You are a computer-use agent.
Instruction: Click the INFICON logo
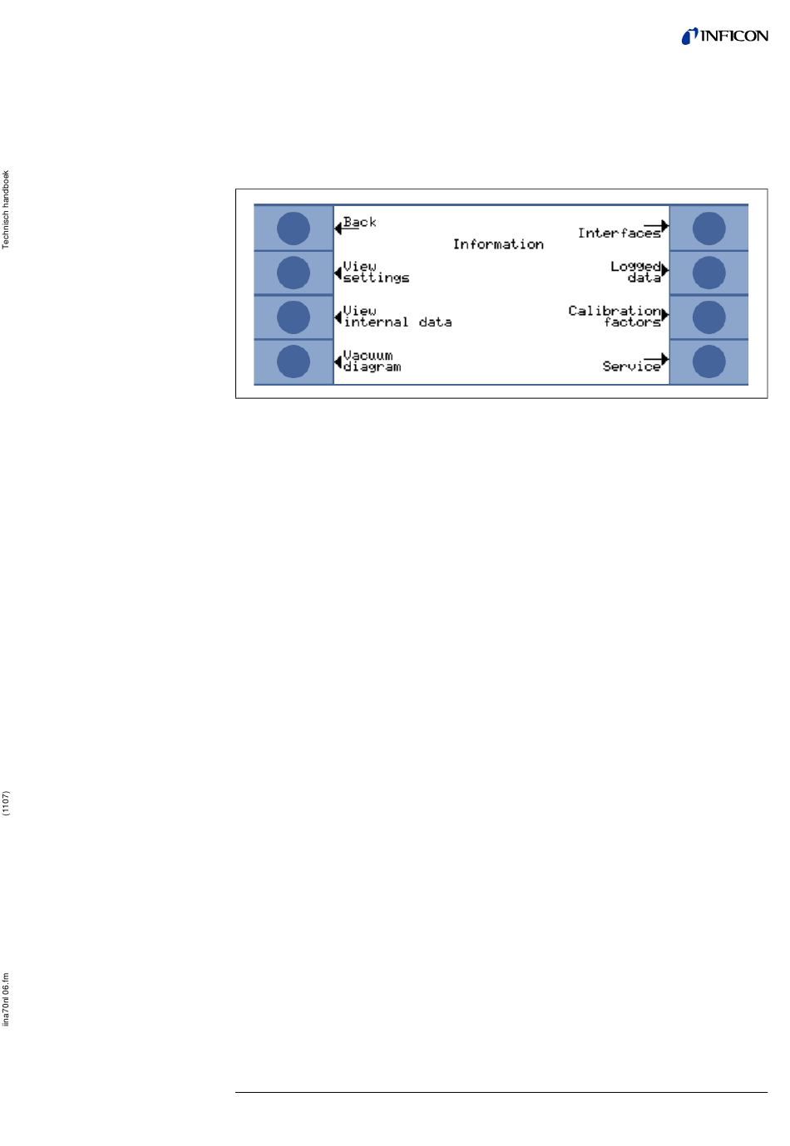(x=724, y=36)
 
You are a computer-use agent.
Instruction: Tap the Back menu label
(x=359, y=222)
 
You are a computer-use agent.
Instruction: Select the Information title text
(x=497, y=244)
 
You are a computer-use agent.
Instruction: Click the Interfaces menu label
(x=619, y=234)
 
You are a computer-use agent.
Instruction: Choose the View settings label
(x=376, y=272)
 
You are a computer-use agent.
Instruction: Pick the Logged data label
(x=635, y=272)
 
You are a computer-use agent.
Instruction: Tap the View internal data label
(x=397, y=316)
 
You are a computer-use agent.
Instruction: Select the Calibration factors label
(x=615, y=316)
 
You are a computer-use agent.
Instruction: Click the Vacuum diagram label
(x=372, y=361)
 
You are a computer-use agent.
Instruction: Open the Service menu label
(x=631, y=366)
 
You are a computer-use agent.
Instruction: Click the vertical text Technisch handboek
(x=6, y=209)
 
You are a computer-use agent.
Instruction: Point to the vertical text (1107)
(x=6, y=804)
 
